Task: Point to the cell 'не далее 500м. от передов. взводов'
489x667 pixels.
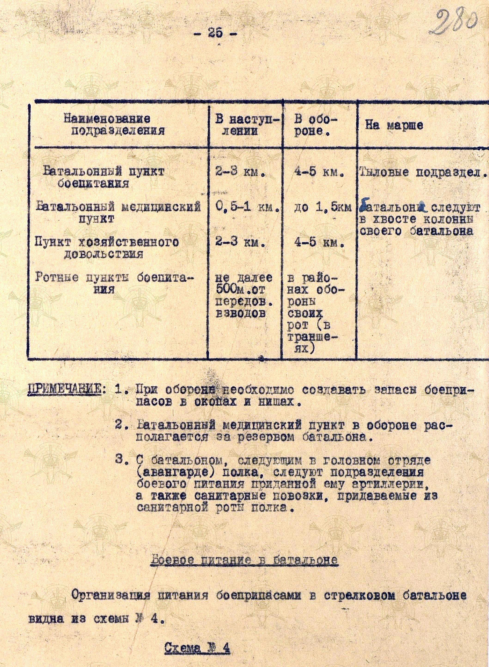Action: click(244, 296)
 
